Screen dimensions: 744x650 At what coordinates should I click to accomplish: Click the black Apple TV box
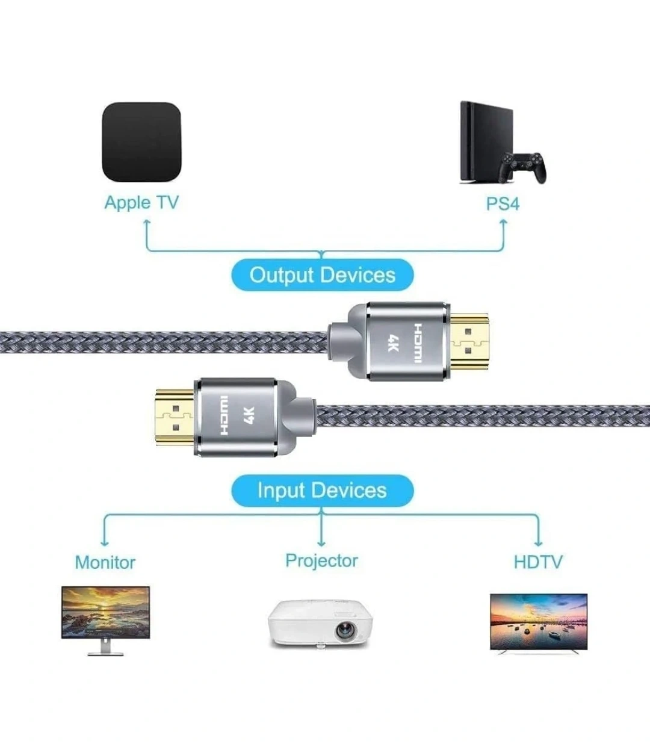(x=141, y=143)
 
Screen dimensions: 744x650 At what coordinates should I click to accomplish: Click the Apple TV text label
(x=141, y=202)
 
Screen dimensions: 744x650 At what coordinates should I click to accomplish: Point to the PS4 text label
(x=503, y=203)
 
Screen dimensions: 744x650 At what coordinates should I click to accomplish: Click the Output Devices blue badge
(x=323, y=275)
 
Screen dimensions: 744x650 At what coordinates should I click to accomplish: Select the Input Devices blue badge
(x=323, y=490)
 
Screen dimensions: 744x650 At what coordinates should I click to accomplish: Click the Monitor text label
(x=105, y=562)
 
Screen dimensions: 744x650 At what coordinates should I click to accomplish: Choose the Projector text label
(x=321, y=560)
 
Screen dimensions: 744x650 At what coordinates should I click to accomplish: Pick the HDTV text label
(x=538, y=562)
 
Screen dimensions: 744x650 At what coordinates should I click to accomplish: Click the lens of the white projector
(x=344, y=630)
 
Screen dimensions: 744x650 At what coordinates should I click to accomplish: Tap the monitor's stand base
(x=105, y=653)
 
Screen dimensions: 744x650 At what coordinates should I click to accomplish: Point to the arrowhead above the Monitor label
(x=105, y=543)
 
